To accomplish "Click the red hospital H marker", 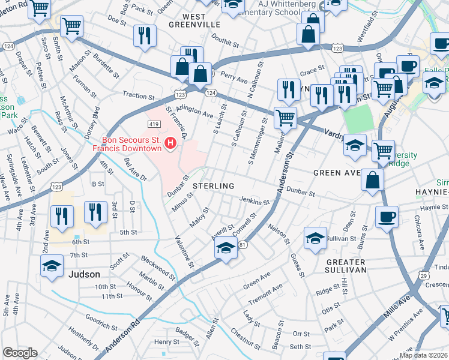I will (x=170, y=143).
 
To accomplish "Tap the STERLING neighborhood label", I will (x=213, y=186).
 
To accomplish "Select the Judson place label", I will (x=85, y=274).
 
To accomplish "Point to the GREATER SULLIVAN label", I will (x=346, y=266).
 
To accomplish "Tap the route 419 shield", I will (x=152, y=124).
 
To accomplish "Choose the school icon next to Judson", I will (x=52, y=266).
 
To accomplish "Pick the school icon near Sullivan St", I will (x=315, y=238).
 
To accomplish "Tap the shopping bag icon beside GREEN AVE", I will (x=373, y=179).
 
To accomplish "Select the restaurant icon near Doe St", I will (x=145, y=35).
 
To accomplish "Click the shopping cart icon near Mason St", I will (x=71, y=26).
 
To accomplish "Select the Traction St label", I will (x=138, y=95).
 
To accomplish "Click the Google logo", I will (x=20, y=353).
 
